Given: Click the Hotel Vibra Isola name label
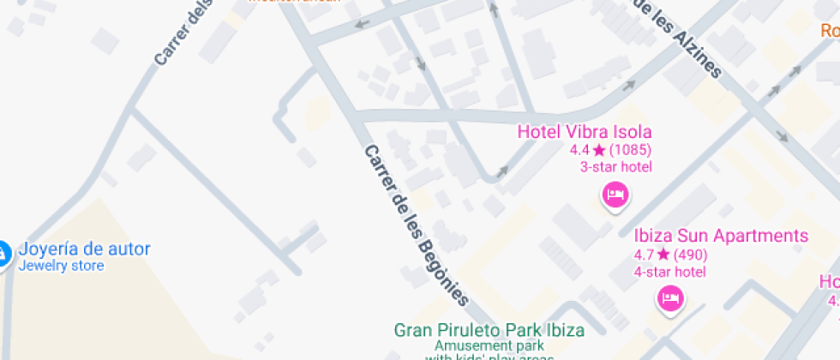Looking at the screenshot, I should [585, 132].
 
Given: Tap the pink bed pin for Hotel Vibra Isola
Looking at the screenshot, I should [615, 195].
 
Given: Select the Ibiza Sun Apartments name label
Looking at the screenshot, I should [721, 236].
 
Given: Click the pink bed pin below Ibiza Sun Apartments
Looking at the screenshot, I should [669, 298].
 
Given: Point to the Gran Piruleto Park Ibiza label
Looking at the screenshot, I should [489, 330].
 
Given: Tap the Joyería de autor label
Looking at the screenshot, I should [84, 249].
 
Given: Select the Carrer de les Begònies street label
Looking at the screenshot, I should [417, 225].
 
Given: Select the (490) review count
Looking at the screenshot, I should [690, 255].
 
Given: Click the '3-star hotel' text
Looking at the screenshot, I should [615, 167].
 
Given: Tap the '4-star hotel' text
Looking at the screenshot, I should [669, 272].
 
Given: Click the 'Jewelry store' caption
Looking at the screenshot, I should [62, 266].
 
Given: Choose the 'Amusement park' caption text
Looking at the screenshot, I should [489, 346].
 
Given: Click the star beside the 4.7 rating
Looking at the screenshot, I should [663, 255].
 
